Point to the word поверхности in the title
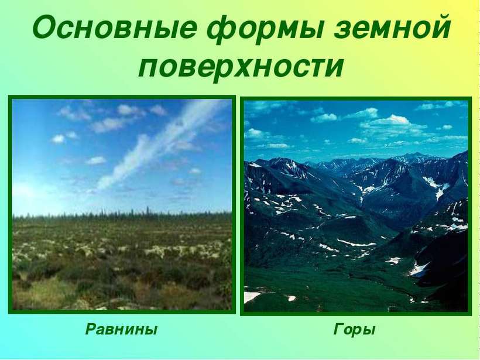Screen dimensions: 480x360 pyautogui.click(x=241, y=65)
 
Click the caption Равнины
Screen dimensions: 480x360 pyautogui.click(x=121, y=330)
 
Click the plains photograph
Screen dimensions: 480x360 pyautogui.click(x=122, y=204)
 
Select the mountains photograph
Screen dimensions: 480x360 pyautogui.click(x=356, y=205)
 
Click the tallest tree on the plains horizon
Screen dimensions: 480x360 pyautogui.click(x=148, y=211)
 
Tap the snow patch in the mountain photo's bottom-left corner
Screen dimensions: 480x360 pyautogui.click(x=251, y=297)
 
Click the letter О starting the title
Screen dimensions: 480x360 pyautogui.click(x=47, y=29)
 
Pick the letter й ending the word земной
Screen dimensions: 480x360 pyautogui.click(x=438, y=27)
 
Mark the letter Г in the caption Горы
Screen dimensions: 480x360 pyautogui.click(x=340, y=329)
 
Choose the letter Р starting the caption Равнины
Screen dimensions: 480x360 pyautogui.click(x=91, y=329)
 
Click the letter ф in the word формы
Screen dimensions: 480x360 pyautogui.click(x=222, y=32)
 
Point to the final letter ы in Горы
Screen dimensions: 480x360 pyautogui.click(x=369, y=331)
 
